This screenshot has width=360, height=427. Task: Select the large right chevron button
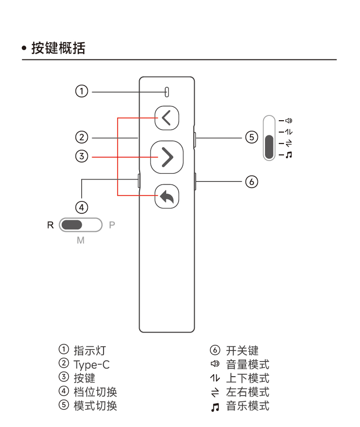click(167, 157)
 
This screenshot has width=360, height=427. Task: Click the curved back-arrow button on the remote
click(167, 196)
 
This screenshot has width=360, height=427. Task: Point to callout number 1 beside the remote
click(82, 91)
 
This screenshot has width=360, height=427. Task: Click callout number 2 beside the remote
click(82, 138)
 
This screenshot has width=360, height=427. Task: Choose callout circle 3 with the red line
click(82, 156)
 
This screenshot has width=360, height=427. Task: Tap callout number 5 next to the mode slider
click(251, 138)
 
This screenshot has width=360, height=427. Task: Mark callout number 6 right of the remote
click(251, 181)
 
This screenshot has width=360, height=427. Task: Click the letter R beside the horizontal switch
click(50, 225)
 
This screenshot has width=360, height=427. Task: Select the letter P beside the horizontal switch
click(112, 225)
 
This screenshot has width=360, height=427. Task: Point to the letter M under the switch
click(81, 240)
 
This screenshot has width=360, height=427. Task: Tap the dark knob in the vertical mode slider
click(269, 147)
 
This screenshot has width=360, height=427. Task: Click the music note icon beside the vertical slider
click(289, 155)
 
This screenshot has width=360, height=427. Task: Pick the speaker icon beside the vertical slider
click(289, 120)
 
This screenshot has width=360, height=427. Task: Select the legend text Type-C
click(91, 365)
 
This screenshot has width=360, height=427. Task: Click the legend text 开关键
click(242, 351)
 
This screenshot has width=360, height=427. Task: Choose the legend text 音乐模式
click(247, 406)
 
